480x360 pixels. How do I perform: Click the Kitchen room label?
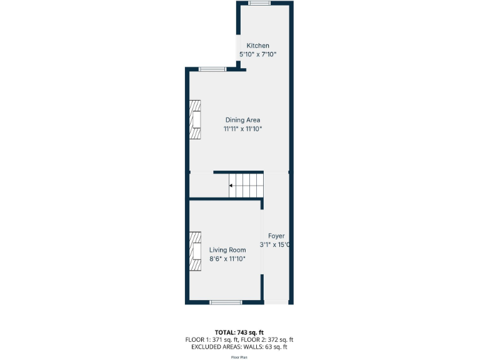click(257, 46)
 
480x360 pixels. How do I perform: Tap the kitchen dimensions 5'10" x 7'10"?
click(257, 54)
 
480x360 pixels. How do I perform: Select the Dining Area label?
click(242, 120)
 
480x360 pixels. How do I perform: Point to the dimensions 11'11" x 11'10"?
click(242, 129)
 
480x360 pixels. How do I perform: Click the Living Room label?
click(227, 250)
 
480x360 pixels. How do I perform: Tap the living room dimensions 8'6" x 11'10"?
click(227, 259)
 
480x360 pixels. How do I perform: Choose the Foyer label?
click(276, 236)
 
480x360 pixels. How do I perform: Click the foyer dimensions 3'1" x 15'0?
click(276, 245)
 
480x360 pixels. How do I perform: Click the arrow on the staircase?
click(232, 186)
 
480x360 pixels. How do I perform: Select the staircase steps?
click(246, 186)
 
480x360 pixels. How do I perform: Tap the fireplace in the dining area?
click(196, 120)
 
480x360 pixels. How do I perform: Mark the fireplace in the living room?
click(196, 251)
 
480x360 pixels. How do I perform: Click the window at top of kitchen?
click(259, 4)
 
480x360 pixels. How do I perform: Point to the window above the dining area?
click(212, 69)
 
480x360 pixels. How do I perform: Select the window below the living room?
click(226, 302)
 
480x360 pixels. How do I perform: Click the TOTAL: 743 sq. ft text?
click(239, 332)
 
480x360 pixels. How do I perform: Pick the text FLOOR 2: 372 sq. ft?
click(270, 339)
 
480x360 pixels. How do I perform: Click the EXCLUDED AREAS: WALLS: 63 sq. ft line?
click(239, 347)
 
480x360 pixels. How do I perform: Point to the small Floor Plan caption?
click(239, 357)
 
